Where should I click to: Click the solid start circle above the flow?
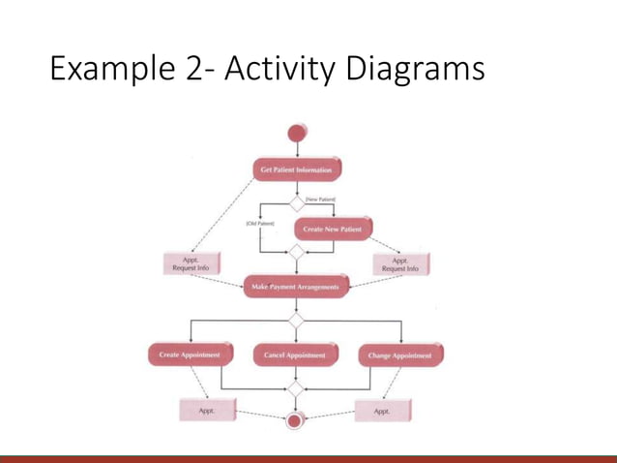296,134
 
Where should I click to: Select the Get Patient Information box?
297,170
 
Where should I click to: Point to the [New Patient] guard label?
320,199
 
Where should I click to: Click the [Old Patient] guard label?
259,224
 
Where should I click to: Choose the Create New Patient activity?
332,230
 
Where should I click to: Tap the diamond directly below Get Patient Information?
296,202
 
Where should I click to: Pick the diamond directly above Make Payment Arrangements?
296,254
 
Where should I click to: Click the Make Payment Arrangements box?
296,287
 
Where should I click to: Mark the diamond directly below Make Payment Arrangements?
296,319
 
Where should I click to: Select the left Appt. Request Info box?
191,263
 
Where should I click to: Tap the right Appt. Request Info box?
400,263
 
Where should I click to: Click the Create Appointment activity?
190,355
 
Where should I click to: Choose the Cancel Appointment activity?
295,355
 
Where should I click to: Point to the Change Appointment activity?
399,355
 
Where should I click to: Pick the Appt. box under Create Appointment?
206,411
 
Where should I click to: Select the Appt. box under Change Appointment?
382,411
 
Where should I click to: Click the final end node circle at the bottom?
294,420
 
